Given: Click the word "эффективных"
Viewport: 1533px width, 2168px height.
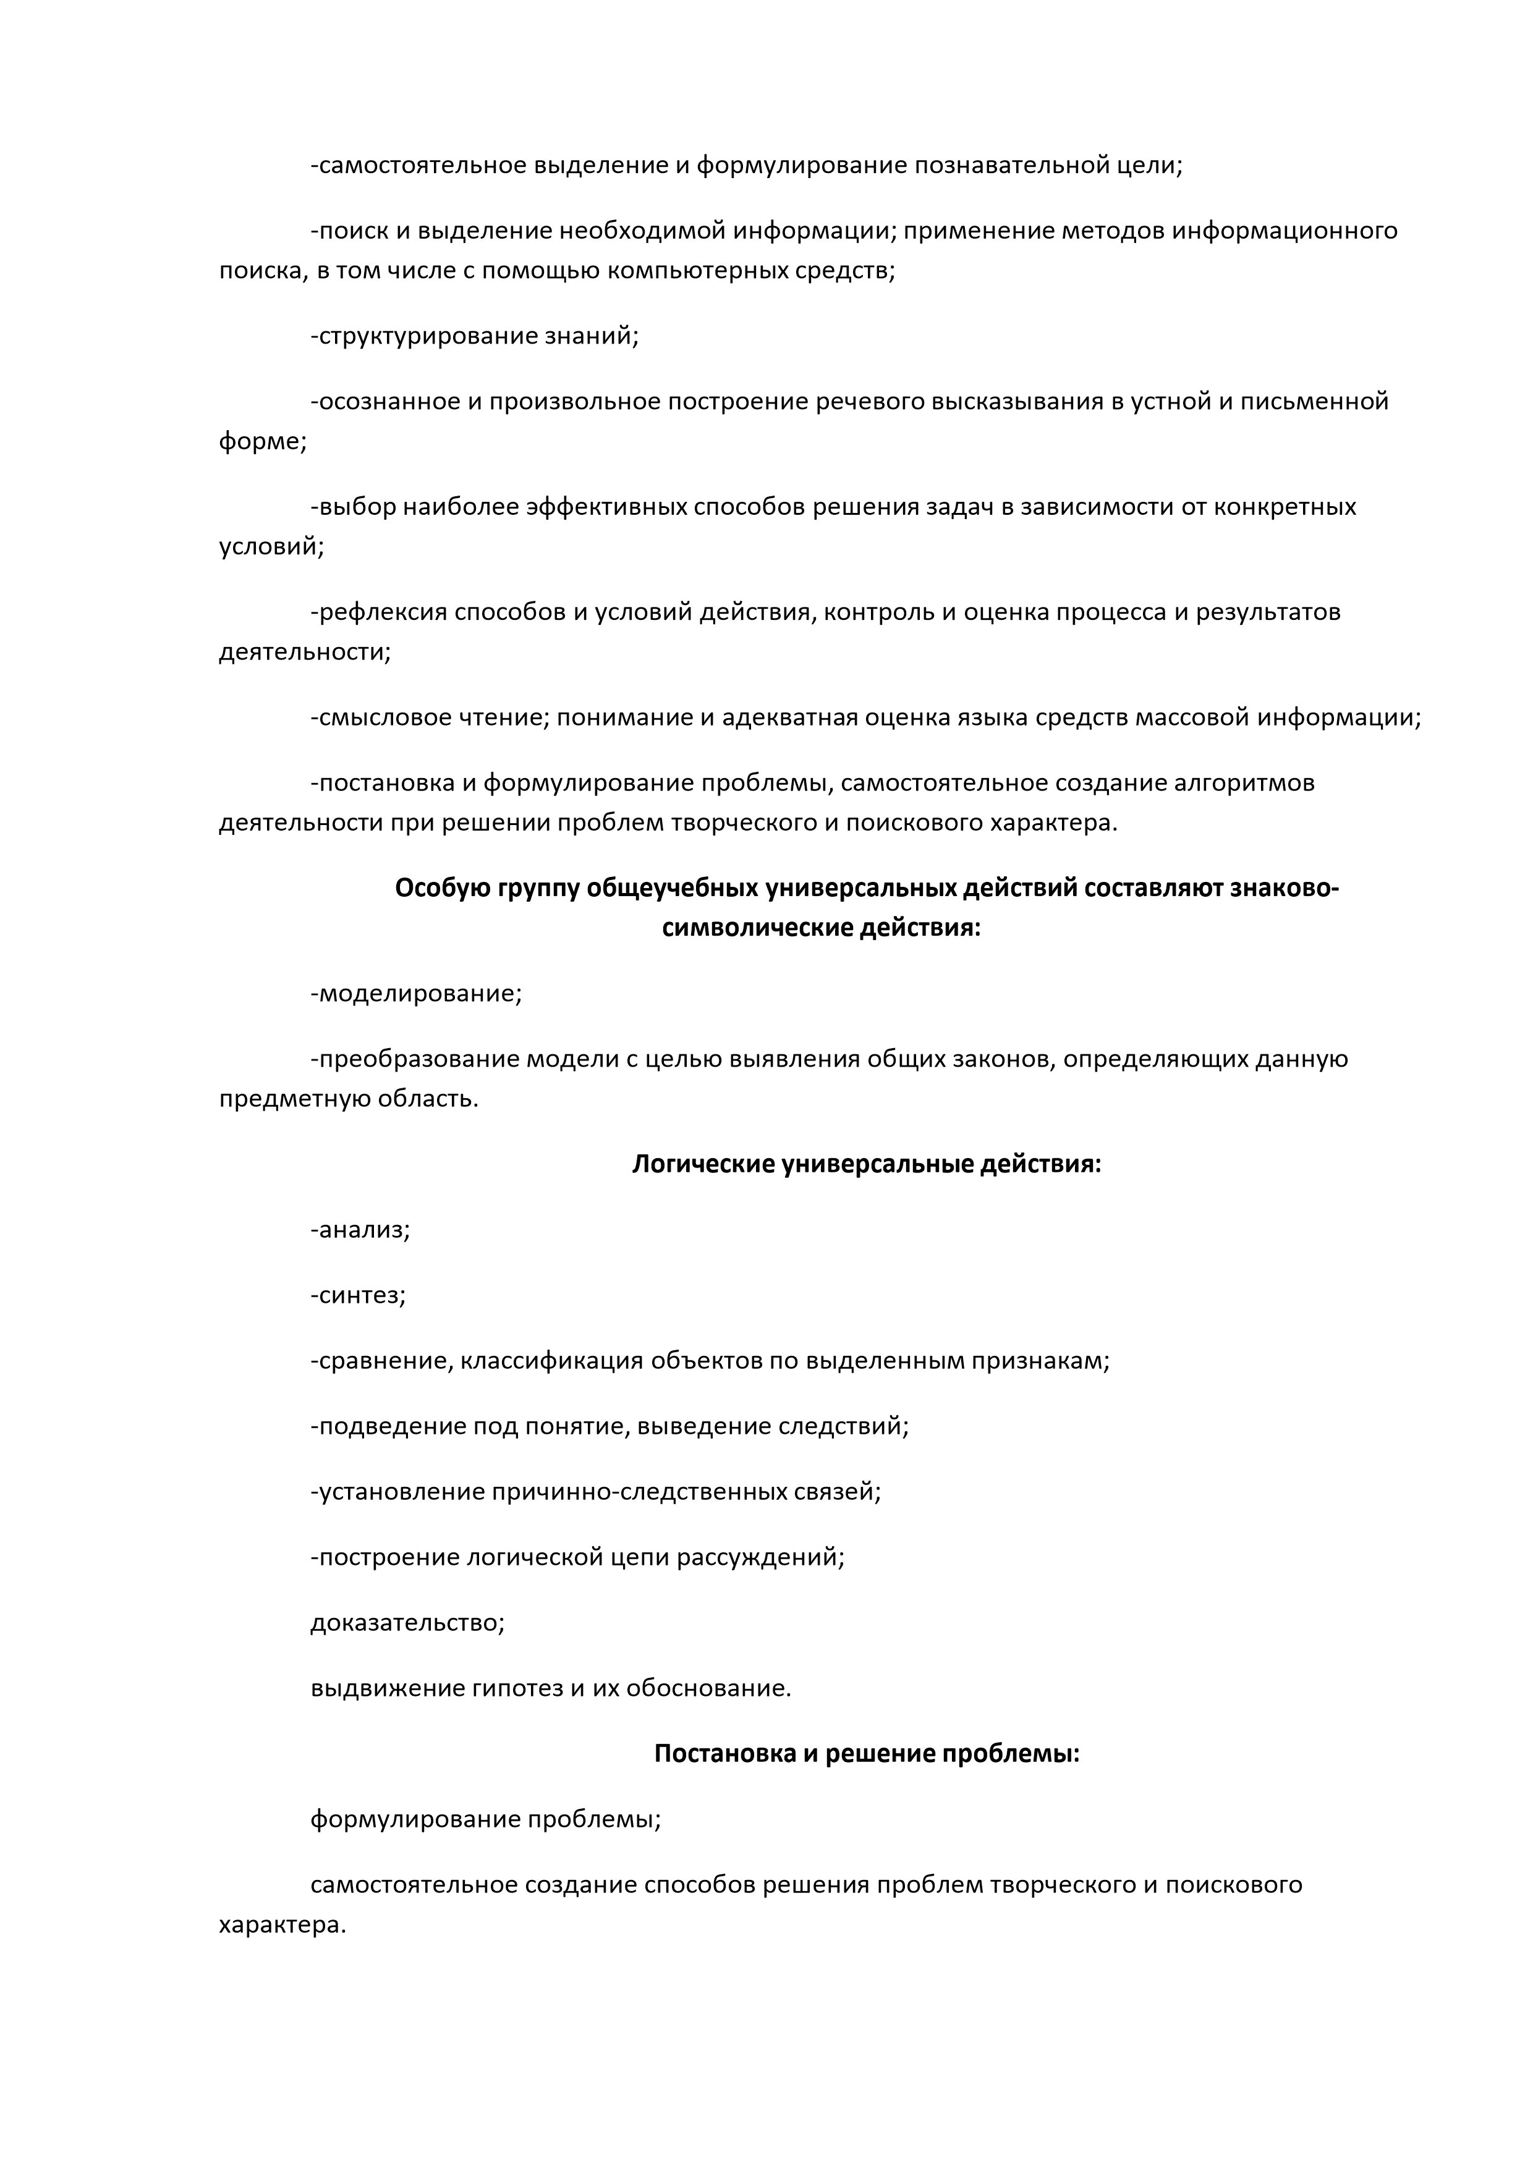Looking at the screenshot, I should [606, 507].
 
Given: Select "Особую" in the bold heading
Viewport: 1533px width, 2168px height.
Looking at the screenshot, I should [440, 889].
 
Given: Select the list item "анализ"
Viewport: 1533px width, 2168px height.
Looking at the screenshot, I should [363, 1230].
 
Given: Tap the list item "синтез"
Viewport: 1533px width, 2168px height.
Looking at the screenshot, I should [360, 1295].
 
